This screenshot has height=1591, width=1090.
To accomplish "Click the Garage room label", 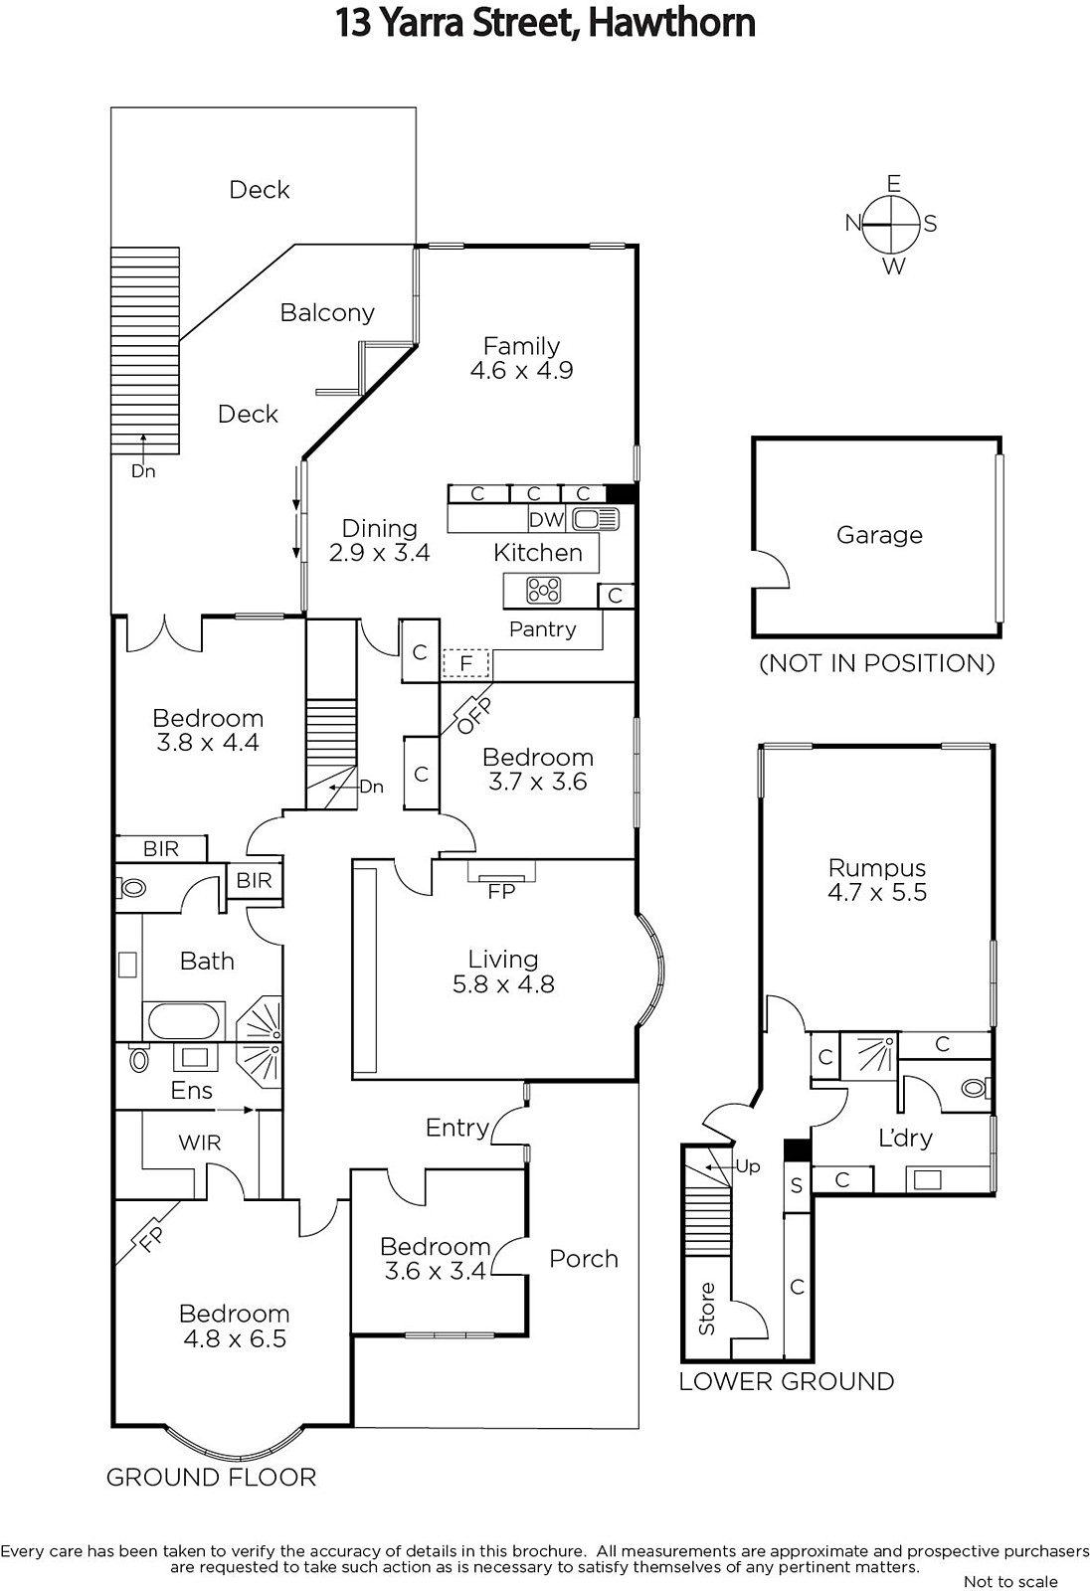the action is pyautogui.click(x=879, y=535).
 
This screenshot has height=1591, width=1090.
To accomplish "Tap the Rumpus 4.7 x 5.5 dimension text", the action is pyautogui.click(x=877, y=892).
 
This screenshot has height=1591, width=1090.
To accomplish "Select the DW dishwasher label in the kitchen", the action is pyautogui.click(x=546, y=519).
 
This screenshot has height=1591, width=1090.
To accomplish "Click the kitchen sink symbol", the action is pyautogui.click(x=596, y=519).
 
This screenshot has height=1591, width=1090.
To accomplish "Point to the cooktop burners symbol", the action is pyautogui.click(x=544, y=591).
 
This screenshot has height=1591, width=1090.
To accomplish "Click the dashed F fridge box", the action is pyautogui.click(x=466, y=664).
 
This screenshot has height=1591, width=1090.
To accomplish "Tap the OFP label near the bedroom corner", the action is pyautogui.click(x=474, y=716).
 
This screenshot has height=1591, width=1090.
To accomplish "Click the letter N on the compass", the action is pyautogui.click(x=852, y=223).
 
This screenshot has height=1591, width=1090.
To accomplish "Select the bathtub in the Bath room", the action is pyautogui.click(x=183, y=1021).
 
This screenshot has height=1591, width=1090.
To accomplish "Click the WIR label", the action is pyautogui.click(x=200, y=1143).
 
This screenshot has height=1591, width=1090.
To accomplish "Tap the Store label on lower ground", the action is pyautogui.click(x=706, y=1309).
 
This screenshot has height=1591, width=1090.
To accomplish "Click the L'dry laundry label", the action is pyautogui.click(x=905, y=1138).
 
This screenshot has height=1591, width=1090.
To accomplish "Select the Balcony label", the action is pyautogui.click(x=327, y=312).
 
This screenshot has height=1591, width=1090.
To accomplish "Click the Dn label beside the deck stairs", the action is pyautogui.click(x=143, y=471).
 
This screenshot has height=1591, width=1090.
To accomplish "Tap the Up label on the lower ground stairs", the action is pyautogui.click(x=748, y=1166).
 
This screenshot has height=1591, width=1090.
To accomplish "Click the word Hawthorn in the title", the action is pyautogui.click(x=671, y=24).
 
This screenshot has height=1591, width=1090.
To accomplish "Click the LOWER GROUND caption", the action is pyautogui.click(x=787, y=1381).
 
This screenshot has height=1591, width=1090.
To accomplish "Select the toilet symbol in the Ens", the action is pyautogui.click(x=140, y=1059).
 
